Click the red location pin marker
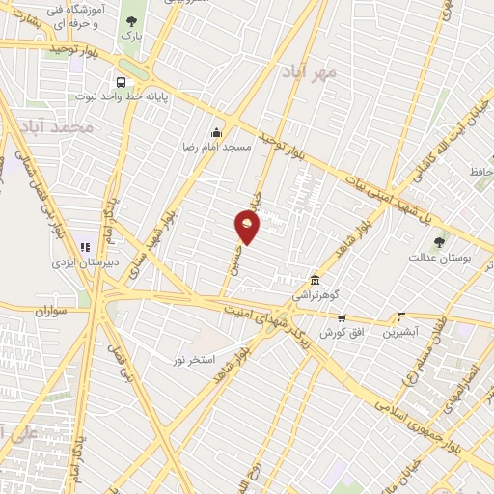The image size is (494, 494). (x=247, y=227)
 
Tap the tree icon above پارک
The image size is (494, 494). (x=130, y=20)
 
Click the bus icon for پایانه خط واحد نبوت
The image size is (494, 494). (x=122, y=82)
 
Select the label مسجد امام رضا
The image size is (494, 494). (x=218, y=148)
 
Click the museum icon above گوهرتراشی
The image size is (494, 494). (x=315, y=276)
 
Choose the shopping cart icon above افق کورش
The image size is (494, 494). (x=341, y=317)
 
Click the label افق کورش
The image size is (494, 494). (x=342, y=332)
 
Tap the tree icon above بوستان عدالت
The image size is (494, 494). (x=440, y=242)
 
